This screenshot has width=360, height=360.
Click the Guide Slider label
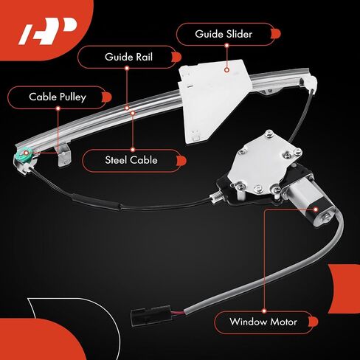224,34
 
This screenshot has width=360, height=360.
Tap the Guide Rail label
128,57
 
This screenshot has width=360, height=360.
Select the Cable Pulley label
58,97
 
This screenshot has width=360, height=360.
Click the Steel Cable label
131,160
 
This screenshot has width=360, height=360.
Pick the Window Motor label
263,322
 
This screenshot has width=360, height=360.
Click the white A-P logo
48,31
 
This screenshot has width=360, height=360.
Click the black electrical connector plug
150,316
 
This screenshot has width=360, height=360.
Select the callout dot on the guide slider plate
226,70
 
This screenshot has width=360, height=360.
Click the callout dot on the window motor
316,210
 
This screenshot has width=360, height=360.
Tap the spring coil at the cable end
216,197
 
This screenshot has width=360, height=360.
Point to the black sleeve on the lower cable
97,202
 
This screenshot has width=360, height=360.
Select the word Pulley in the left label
72,97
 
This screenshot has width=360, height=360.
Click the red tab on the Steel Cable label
181,161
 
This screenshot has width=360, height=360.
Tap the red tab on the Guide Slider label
276,34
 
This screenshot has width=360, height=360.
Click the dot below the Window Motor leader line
264,311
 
